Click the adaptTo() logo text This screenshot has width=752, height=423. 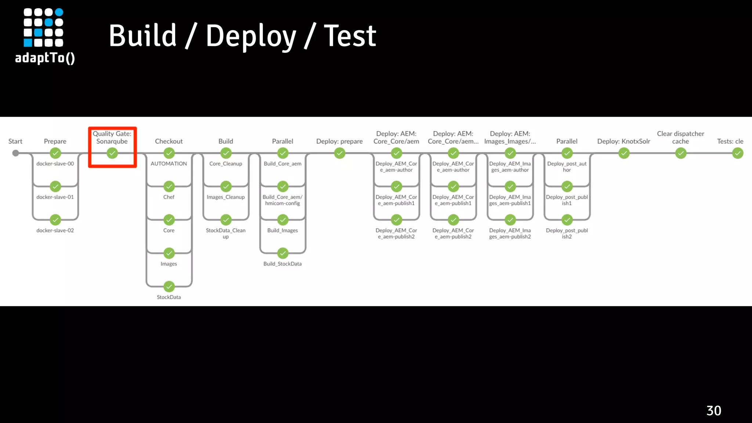point(45,58)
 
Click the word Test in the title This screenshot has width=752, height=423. point(350,36)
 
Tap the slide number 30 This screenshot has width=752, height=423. point(713,411)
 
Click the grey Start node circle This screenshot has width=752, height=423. point(15,153)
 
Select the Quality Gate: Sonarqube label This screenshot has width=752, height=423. point(112,137)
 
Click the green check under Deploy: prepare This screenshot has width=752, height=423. point(340,153)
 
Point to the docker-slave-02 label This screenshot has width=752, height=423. point(55,230)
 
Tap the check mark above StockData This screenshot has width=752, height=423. point(169,286)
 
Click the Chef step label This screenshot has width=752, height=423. point(169,197)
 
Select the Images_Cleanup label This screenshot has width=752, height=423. point(225,197)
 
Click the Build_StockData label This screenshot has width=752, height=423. point(282,264)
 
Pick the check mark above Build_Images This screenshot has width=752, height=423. point(283,220)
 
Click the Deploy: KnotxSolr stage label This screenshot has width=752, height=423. point(623,141)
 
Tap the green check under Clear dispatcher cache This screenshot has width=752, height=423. point(681,153)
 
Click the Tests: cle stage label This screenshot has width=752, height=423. point(730,141)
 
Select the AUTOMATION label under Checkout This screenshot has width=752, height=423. point(169,163)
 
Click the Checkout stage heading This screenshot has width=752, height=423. point(169,141)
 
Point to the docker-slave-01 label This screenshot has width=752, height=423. point(55,197)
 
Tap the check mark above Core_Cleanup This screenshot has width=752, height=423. point(226,153)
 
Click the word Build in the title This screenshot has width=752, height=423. point(143,36)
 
